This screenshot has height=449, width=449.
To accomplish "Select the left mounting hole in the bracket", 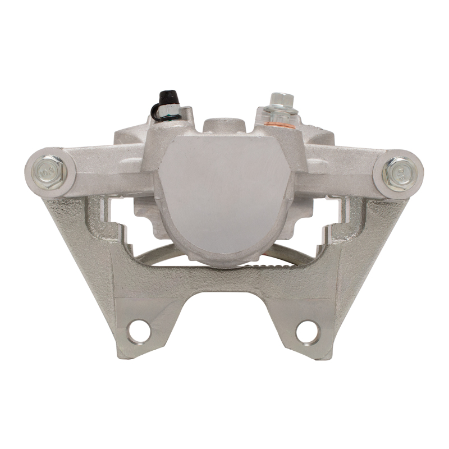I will (138, 331).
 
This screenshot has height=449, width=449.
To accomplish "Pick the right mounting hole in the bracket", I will (306, 331).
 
